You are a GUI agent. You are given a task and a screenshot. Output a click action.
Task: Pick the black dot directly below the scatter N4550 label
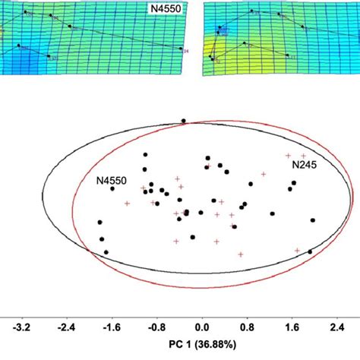[112, 189]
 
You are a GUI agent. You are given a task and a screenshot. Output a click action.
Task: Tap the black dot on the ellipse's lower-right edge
[309, 251]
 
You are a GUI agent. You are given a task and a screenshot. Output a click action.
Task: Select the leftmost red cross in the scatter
[127, 204]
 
